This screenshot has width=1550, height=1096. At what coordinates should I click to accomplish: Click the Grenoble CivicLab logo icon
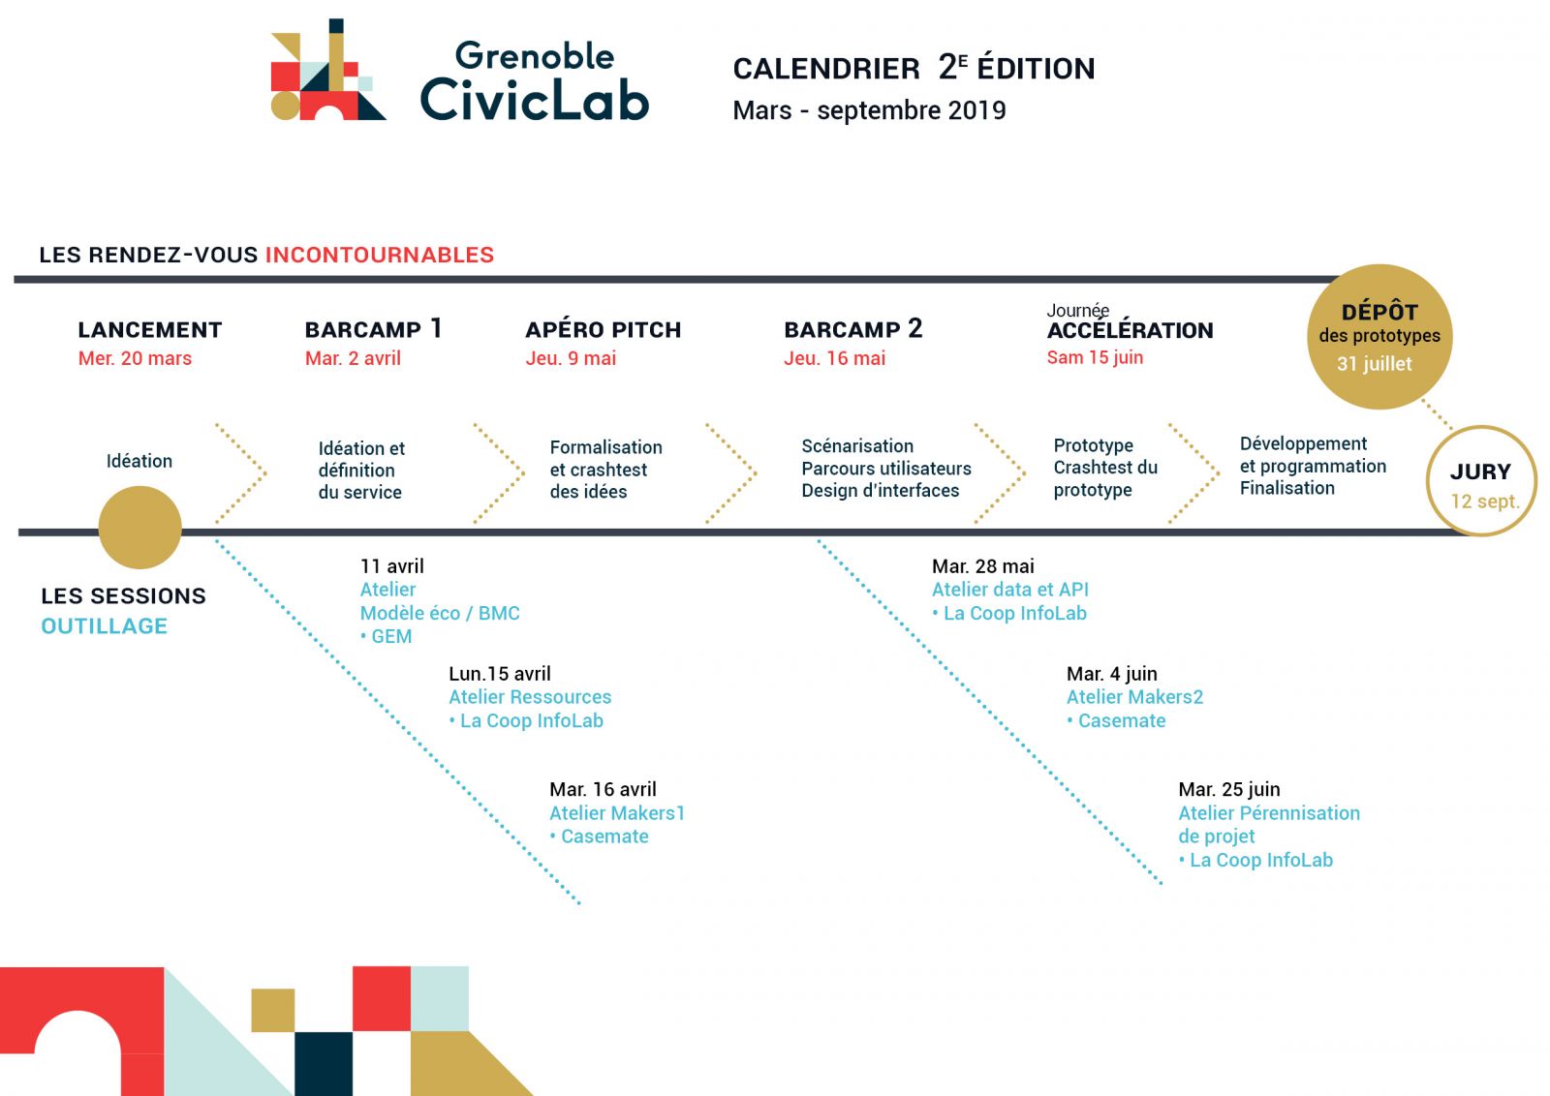[x=328, y=70]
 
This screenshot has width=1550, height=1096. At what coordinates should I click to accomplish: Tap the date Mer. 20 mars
[x=135, y=358]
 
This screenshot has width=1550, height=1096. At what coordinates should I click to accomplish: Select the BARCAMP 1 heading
[x=373, y=328]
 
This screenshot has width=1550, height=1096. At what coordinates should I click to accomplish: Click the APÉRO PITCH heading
[x=603, y=329]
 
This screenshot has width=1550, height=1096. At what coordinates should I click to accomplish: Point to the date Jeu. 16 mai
[x=834, y=358]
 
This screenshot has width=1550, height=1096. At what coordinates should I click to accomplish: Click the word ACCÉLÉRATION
[x=1130, y=330]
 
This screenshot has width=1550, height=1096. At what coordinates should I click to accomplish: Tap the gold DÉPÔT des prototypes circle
[x=1379, y=337]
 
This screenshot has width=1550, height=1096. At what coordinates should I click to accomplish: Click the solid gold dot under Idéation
[x=139, y=528]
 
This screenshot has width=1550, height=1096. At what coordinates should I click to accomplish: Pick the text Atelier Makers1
[x=617, y=813]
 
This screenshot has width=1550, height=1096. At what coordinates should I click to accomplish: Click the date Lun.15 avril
[x=500, y=674]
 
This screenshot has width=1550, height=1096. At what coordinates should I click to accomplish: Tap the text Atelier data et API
[x=1010, y=590]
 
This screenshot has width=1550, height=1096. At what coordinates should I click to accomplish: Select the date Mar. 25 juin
[x=1229, y=790]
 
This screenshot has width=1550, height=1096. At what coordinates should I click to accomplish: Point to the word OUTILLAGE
[x=105, y=626]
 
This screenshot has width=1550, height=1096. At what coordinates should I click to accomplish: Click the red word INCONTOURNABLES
[x=380, y=256]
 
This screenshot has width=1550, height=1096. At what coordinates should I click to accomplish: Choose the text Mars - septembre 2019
[x=870, y=110]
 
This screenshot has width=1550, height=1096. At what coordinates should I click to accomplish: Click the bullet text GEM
[x=387, y=636]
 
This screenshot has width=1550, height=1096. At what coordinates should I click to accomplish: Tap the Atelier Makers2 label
[x=1134, y=697]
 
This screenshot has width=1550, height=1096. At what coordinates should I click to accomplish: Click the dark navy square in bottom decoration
[x=324, y=1063]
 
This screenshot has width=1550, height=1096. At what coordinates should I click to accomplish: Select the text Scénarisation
[x=857, y=446]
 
